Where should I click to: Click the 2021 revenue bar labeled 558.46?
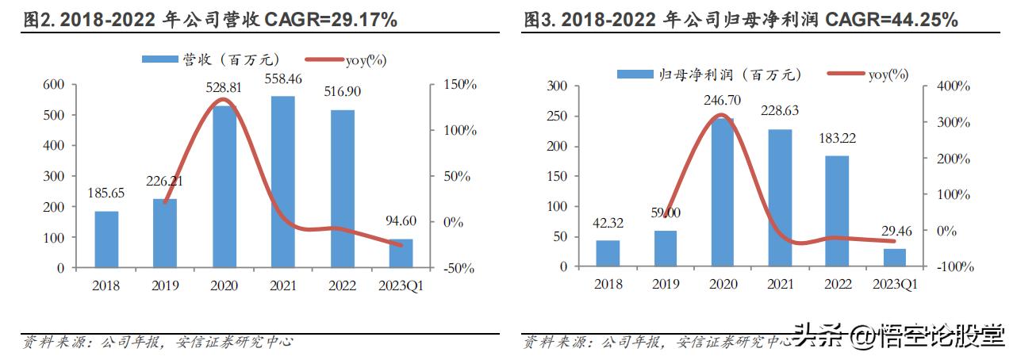282,182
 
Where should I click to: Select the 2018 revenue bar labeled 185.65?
106,239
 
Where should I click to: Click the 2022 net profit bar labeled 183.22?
837,211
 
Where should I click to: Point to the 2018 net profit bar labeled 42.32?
608,254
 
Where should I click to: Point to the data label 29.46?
895,232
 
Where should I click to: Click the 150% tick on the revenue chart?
459,85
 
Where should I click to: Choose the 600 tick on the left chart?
53,85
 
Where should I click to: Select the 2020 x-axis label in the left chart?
224,285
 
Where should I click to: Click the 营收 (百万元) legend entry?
209,59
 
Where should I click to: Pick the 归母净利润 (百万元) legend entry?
709,75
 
